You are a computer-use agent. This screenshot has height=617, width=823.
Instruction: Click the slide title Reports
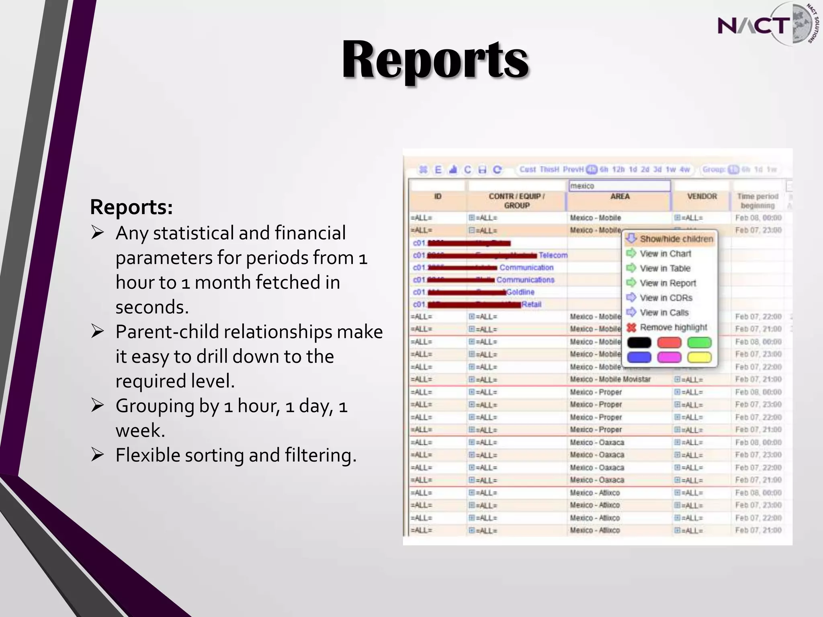coord(435,60)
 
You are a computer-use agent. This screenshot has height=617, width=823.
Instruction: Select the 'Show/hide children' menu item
coord(676,239)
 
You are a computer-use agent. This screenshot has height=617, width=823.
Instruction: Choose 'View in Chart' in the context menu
coord(665,254)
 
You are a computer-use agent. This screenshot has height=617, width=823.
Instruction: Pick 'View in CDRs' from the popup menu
coord(666,298)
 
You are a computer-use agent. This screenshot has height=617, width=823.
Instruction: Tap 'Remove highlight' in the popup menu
coord(673,327)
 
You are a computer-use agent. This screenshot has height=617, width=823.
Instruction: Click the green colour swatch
coord(699,343)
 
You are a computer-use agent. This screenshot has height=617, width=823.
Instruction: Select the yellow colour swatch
coord(699,357)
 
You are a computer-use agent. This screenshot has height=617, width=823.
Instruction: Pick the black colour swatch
coord(639,343)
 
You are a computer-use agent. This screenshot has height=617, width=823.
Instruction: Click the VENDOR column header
coord(702,196)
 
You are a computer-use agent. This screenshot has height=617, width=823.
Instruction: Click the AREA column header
coord(620,196)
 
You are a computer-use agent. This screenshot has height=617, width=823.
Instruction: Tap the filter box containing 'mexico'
coord(619,186)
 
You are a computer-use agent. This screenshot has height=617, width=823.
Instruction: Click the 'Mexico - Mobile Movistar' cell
coord(610,379)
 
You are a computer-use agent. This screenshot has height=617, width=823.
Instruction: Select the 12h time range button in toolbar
coord(618,170)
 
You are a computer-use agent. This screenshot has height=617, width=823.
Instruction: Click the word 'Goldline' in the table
coord(520,292)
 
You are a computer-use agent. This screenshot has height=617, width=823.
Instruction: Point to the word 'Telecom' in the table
coord(553,255)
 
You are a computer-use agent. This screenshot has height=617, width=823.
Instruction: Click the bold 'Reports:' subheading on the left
coord(131,207)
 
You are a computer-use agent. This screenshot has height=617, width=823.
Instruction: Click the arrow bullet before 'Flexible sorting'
coord(98,455)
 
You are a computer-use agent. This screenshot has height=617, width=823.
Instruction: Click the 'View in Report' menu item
coord(667,283)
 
